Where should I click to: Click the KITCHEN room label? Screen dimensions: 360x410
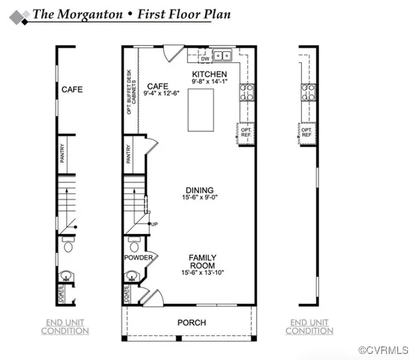210,73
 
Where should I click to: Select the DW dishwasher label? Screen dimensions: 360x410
205,58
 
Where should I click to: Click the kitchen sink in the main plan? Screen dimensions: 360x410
222,55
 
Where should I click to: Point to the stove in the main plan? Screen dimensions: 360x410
247,92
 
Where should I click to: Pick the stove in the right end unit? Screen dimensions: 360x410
307,92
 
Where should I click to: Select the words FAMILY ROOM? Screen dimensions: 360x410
203,261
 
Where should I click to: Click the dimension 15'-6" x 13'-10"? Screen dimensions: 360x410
203,272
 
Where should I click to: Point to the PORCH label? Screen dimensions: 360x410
191,322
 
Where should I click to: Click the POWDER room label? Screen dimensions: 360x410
139,259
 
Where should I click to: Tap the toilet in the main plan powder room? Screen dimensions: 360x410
134,245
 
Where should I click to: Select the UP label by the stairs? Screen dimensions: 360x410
155,224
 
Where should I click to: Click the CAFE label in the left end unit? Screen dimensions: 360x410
72,89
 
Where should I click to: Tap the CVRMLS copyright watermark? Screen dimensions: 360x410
383,350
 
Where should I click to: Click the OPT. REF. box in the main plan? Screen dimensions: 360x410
246,133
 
